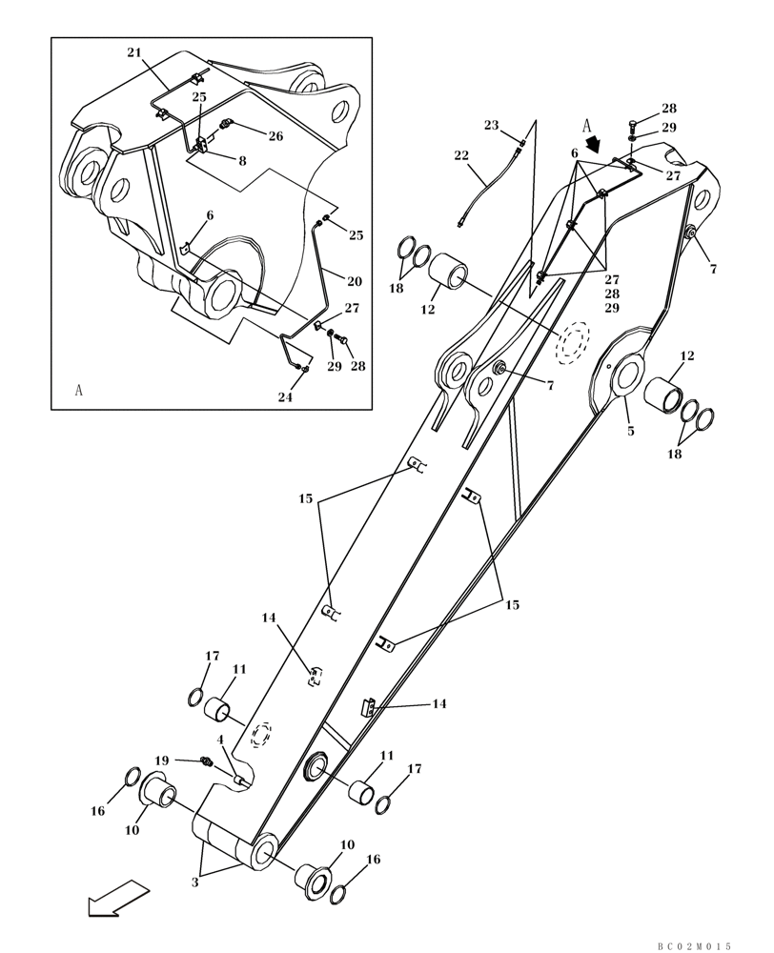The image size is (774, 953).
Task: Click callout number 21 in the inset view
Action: (x=133, y=52)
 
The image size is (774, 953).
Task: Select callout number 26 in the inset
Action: (x=275, y=136)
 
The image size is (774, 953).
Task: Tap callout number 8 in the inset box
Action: (x=243, y=161)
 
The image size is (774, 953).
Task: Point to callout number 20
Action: (x=354, y=281)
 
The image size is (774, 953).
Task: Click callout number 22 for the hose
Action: (x=461, y=155)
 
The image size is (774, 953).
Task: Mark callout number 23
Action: (x=491, y=126)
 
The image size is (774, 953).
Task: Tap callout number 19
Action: (x=162, y=760)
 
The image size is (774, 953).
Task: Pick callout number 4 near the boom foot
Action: (x=220, y=740)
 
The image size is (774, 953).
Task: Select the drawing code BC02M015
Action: (x=694, y=945)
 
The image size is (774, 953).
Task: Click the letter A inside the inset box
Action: (x=78, y=390)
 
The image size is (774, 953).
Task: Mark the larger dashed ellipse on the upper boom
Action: (x=574, y=343)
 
